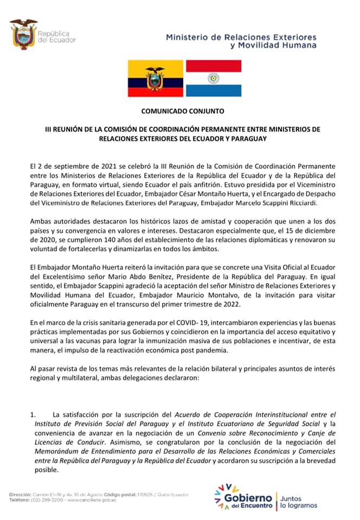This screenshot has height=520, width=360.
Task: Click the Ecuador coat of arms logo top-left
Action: pos(23,34)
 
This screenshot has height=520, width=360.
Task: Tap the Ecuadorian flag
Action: pos(156,79)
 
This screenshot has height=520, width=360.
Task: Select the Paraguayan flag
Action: pos(213,79)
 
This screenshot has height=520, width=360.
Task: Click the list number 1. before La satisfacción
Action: pos(34,415)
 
